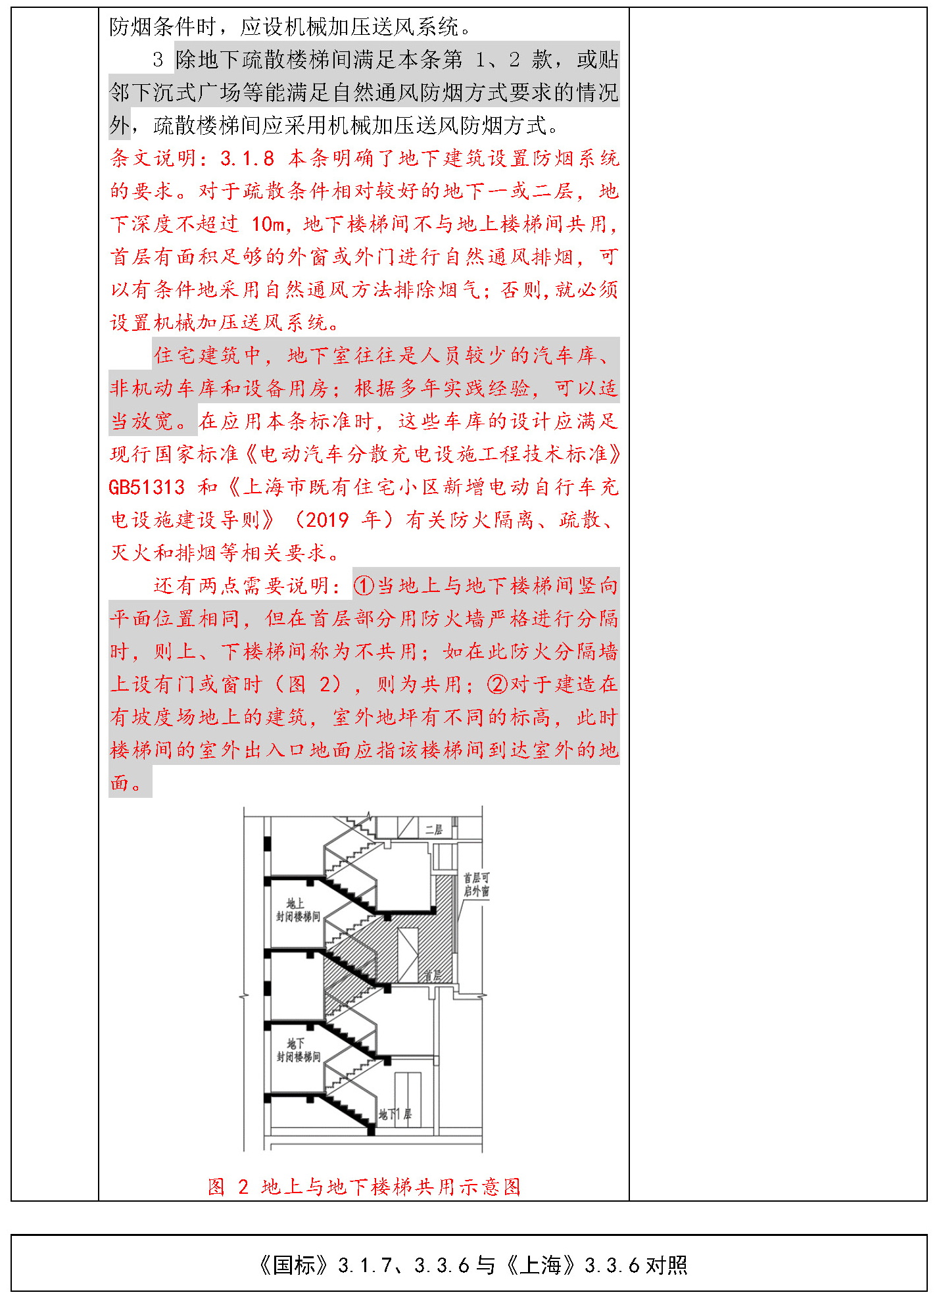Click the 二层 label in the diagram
[x=433, y=829]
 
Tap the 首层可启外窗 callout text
[x=476, y=885]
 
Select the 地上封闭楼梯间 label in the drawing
[x=298, y=910]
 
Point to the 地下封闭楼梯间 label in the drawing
[x=298, y=1050]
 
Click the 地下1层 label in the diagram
[x=395, y=1114]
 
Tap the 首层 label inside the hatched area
[x=433, y=976]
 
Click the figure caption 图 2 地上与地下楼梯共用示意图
[x=364, y=1187]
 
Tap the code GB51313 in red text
[x=147, y=487]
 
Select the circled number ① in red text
[x=364, y=586]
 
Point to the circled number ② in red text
[x=497, y=685]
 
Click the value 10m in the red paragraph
[x=268, y=224]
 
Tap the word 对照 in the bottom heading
[x=667, y=1265]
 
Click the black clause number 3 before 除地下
[x=158, y=60]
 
